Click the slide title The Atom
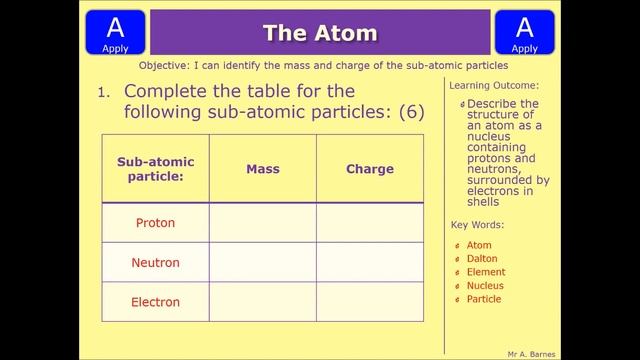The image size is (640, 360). tap(320, 33)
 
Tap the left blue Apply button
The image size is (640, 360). tap(115, 32)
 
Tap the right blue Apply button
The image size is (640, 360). tap(524, 32)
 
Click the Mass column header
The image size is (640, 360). tap(262, 169)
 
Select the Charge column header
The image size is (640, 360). tap(370, 169)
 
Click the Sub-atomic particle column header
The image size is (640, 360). tap(155, 169)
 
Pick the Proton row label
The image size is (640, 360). tap(155, 223)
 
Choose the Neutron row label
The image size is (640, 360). tap(155, 263)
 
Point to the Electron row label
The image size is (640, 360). tap(155, 302)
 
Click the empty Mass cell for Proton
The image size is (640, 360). tap(262, 223)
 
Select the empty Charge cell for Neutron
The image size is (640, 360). tap(370, 263)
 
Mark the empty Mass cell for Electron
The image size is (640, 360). tap(262, 302)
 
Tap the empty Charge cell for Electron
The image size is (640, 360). tap(370, 302)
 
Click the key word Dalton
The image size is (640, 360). tap(482, 259)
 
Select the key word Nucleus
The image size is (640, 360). tap(485, 286)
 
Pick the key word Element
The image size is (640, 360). tap(486, 272)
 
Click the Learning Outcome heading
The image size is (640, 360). tap(494, 86)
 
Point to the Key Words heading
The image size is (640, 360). tap(478, 225)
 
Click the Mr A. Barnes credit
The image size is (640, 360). tap(532, 354)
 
